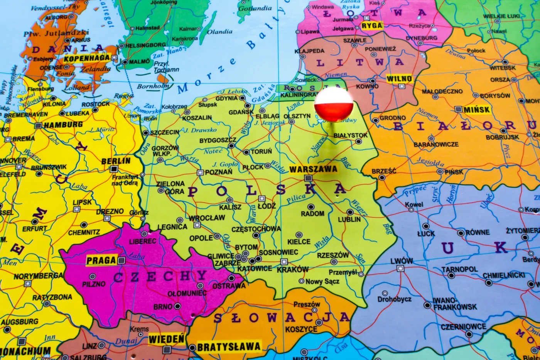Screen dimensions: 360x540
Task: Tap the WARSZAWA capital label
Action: point(313,169)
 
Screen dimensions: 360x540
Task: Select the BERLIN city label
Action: point(116,161)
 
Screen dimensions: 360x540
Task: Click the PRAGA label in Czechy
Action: point(101,260)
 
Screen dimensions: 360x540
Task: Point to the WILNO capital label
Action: point(399,79)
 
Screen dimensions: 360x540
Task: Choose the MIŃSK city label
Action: point(477,110)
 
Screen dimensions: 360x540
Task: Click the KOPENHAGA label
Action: point(87,58)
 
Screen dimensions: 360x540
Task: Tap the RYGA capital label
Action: point(372,26)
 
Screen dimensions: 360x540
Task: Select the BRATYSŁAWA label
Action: point(229,346)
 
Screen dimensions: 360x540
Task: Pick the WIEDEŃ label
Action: point(167,340)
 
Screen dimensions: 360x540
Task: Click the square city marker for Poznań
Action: point(200,172)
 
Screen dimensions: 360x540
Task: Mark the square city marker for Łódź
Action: point(262,199)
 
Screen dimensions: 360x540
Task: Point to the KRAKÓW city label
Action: point(292,269)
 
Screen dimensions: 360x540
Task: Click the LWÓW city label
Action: point(401,261)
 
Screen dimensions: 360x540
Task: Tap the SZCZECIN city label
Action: point(165,132)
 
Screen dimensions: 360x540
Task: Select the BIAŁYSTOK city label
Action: point(350,135)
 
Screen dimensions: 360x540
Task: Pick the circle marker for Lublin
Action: point(350,212)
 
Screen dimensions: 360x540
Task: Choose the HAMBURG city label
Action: point(63,125)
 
